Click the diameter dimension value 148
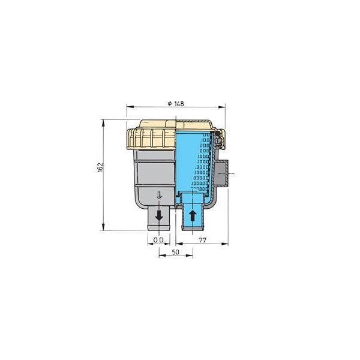179,103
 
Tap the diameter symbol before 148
171,103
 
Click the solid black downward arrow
158,215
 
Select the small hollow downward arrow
158,195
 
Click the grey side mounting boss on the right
223,175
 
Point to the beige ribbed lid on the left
150,138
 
